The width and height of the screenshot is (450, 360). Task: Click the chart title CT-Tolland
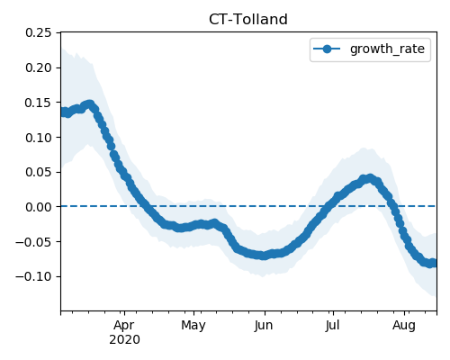coord(248,20)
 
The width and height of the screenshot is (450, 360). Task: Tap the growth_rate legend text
coord(387,49)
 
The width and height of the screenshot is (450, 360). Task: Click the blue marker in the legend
coord(327,49)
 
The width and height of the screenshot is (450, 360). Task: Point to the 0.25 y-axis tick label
coord(39,32)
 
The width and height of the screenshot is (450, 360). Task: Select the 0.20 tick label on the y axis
coord(39,67)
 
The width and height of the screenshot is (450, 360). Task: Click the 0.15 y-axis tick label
coord(39,103)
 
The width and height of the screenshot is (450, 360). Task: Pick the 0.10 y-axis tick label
coord(39,138)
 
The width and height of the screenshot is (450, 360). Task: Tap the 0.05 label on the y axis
coord(39,172)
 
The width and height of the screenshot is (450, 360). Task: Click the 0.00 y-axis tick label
coord(39,207)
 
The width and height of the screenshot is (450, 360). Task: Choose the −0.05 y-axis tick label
coord(33,242)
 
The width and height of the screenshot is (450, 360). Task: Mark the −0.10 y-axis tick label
coord(33,276)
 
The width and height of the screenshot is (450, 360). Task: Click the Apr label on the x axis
coord(124,326)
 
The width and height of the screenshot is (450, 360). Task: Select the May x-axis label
coord(193,326)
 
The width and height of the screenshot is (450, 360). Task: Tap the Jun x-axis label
coord(264,326)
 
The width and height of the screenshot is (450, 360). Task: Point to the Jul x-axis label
coord(332,325)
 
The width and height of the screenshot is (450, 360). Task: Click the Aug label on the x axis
coord(404,326)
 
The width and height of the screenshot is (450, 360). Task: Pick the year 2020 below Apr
coord(124,340)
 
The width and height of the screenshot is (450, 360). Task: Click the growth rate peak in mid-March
coord(90,104)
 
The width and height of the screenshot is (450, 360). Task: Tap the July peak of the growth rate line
coord(371,178)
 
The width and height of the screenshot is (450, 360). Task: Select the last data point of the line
coord(434,263)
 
